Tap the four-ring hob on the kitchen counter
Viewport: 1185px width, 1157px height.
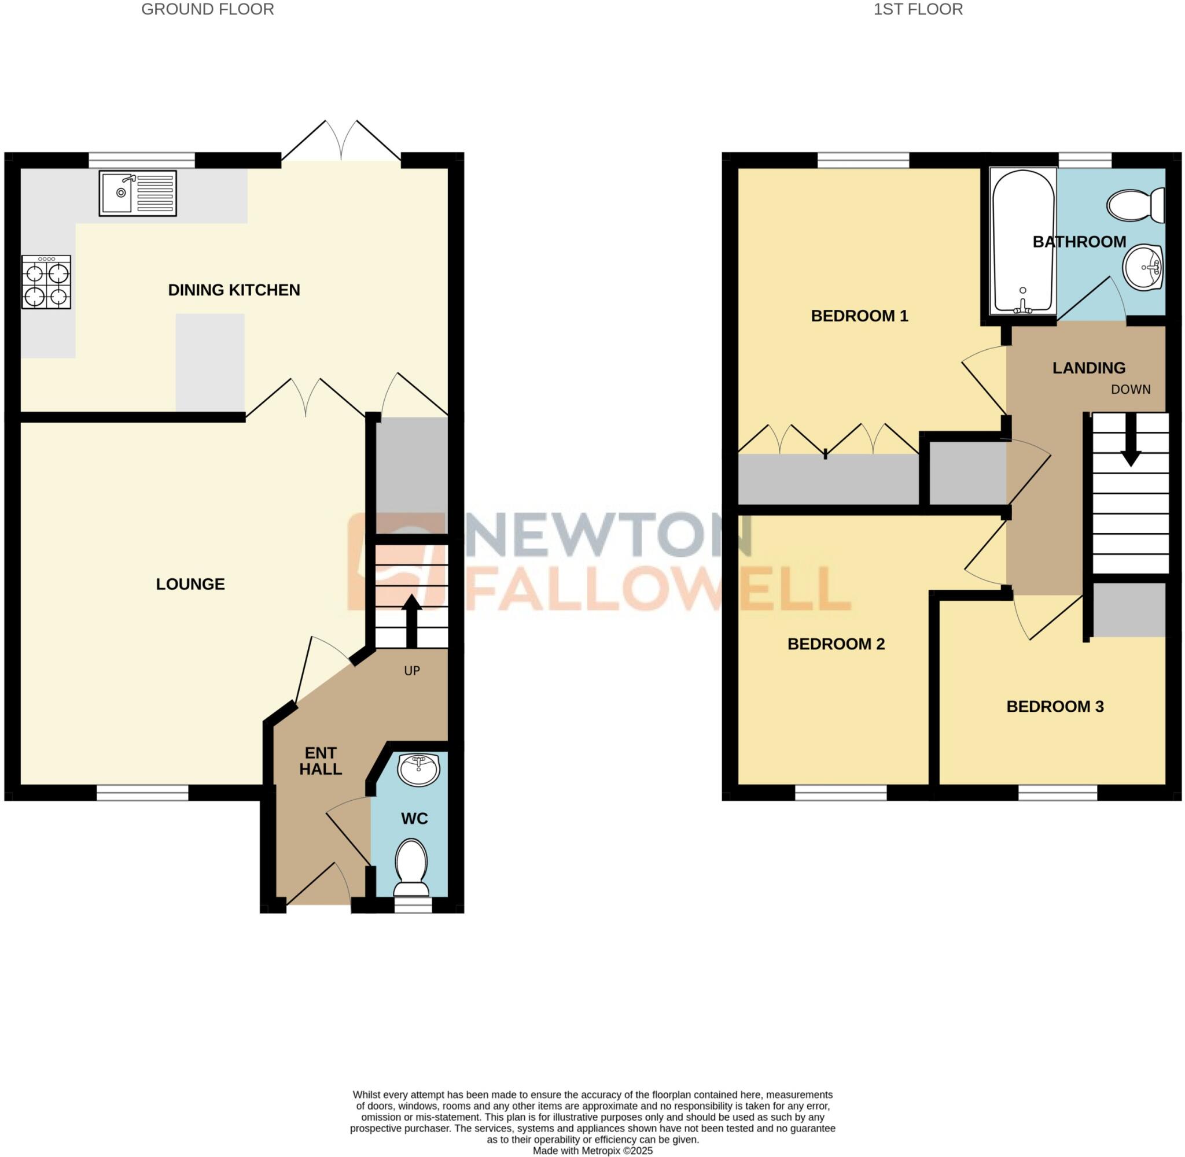(x=46, y=282)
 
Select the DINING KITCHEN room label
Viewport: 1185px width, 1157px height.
(x=234, y=290)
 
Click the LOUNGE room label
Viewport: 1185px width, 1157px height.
(x=190, y=584)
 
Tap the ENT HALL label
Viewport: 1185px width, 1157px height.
(x=321, y=761)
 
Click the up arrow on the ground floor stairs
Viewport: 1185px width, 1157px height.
(x=411, y=620)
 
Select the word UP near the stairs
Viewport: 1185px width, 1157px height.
(x=412, y=671)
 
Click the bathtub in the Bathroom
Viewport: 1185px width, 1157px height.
(x=1022, y=241)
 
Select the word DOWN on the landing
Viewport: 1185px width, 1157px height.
(x=1130, y=390)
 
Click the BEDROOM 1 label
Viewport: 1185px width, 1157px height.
(x=859, y=315)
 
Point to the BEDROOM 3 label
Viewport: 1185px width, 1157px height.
(x=1055, y=706)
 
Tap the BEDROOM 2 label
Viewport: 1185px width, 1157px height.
(x=836, y=644)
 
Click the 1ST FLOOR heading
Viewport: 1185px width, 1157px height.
(x=918, y=9)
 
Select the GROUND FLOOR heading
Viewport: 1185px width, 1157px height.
(x=207, y=9)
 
